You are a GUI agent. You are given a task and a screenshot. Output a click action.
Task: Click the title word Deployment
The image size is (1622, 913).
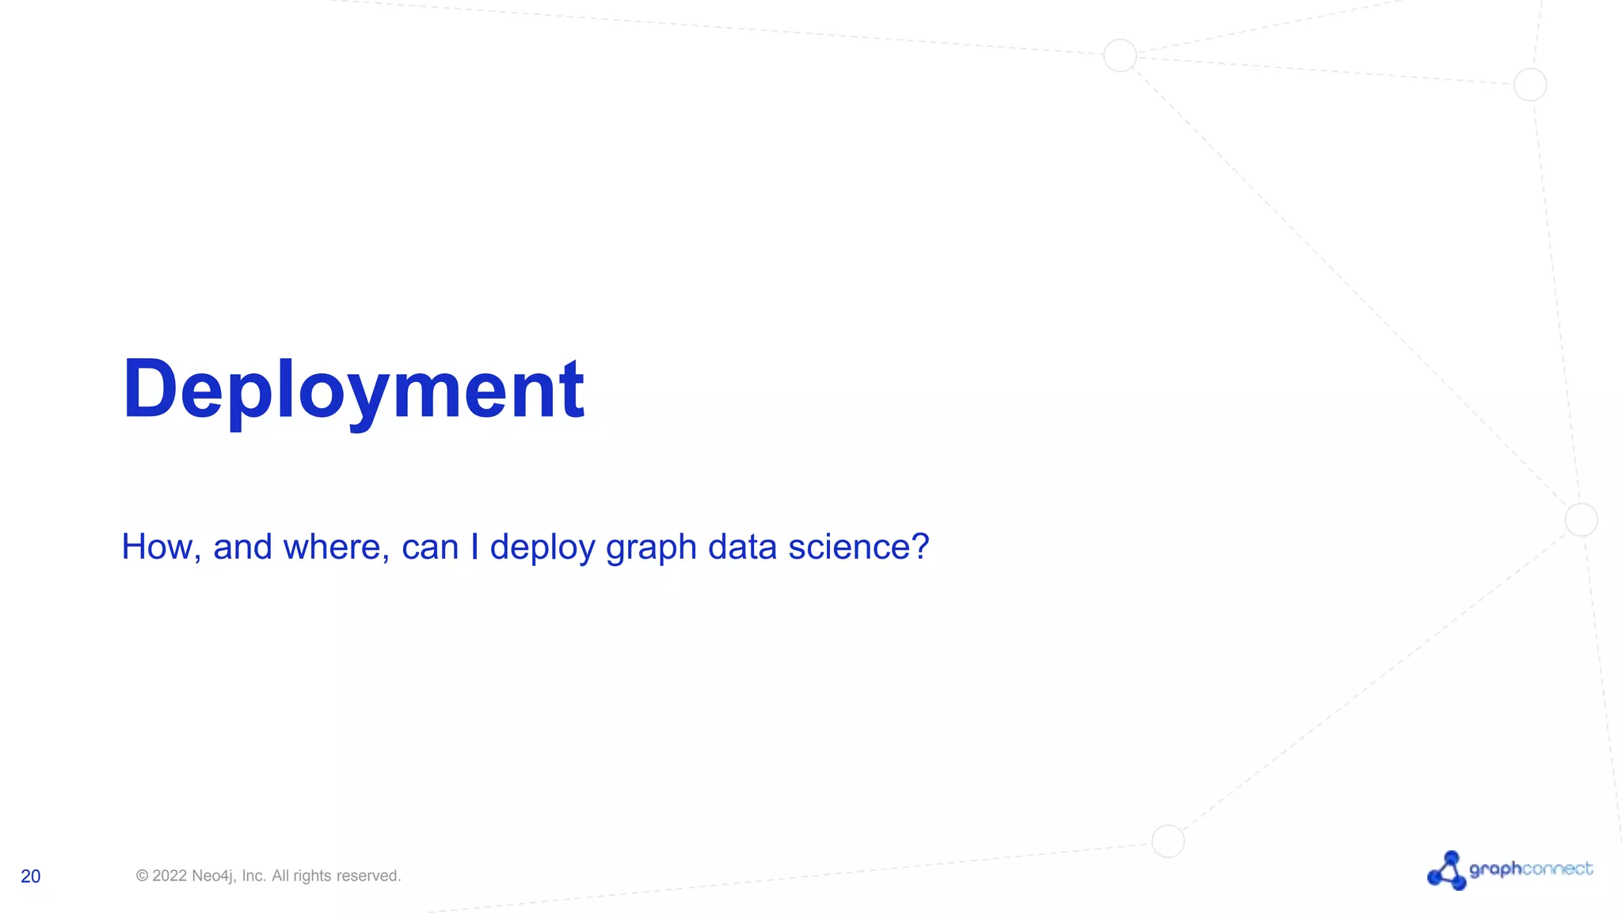click(353, 390)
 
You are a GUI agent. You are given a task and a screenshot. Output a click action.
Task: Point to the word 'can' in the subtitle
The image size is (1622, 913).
click(430, 547)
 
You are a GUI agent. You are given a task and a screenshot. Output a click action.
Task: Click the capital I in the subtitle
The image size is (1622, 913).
click(474, 547)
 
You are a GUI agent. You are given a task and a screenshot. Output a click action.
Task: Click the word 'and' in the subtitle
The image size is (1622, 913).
click(242, 547)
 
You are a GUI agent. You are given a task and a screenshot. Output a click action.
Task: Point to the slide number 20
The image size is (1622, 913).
click(31, 877)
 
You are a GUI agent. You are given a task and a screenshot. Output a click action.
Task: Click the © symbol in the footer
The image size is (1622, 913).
click(143, 876)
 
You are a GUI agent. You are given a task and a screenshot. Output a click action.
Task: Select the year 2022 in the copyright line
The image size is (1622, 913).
click(169, 876)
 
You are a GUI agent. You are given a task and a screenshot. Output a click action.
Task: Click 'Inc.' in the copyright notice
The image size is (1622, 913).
click(253, 876)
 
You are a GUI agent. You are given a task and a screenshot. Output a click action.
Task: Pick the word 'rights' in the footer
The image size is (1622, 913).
click(312, 876)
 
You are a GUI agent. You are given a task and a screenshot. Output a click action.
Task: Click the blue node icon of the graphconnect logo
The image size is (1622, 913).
click(1447, 871)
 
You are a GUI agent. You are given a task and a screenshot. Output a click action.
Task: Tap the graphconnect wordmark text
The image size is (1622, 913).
click(1531, 869)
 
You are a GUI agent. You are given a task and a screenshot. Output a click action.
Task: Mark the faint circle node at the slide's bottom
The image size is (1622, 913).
click(1168, 841)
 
